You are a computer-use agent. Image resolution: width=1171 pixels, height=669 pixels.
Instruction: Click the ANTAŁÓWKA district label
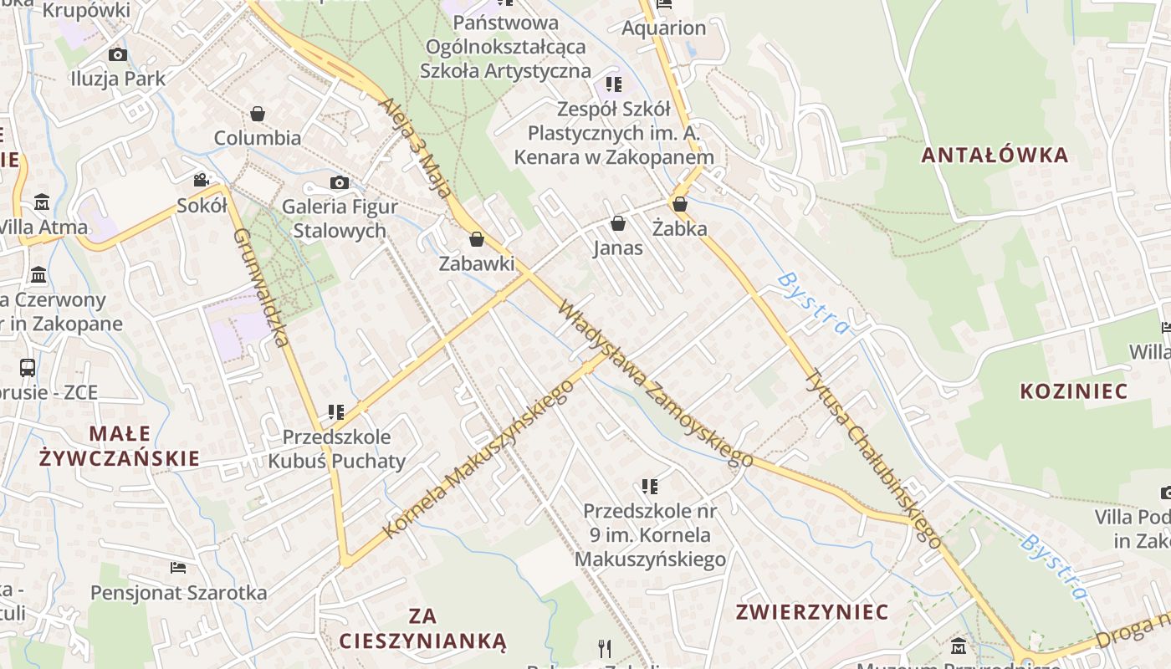pyautogui.click(x=995, y=155)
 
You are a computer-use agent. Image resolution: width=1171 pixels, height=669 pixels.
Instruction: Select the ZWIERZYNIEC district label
pyautogui.click(x=811, y=611)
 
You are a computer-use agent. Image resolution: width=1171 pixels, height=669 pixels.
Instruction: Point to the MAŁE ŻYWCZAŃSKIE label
pyautogui.click(x=120, y=446)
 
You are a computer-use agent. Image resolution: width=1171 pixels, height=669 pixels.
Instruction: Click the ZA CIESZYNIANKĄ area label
pyautogui.click(x=422, y=629)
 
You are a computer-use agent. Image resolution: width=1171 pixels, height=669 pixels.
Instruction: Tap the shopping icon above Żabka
pyautogui.click(x=680, y=203)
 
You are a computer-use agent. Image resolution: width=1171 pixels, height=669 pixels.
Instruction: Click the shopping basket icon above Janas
pyautogui.click(x=618, y=223)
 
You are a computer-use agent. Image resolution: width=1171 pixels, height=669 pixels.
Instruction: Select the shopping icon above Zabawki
pyautogui.click(x=477, y=240)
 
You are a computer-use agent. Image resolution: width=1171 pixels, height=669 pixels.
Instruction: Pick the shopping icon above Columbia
pyautogui.click(x=258, y=113)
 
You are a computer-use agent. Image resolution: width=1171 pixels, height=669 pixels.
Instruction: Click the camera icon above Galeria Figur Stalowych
pyautogui.click(x=339, y=182)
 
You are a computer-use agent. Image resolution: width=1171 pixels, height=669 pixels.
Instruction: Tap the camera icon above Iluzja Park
pyautogui.click(x=118, y=54)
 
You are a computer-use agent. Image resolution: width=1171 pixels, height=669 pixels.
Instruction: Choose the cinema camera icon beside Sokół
pyautogui.click(x=201, y=180)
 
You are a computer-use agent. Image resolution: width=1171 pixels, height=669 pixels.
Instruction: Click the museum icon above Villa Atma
pyautogui.click(x=42, y=202)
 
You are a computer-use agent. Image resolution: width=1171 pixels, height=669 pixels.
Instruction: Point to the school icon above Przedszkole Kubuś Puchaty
pyautogui.click(x=336, y=411)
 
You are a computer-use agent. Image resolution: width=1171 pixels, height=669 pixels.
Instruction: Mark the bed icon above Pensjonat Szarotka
pyautogui.click(x=178, y=568)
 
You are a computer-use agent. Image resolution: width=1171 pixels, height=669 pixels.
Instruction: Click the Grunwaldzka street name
pyautogui.click(x=261, y=287)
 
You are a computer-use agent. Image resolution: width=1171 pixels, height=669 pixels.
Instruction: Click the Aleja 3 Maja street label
pyautogui.click(x=416, y=145)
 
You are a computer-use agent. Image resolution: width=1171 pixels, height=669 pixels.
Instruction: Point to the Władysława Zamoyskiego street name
pyautogui.click(x=656, y=382)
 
